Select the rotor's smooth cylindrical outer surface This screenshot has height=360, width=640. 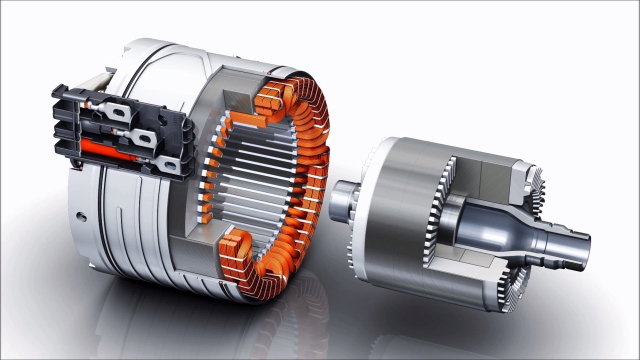coord(400,200)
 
